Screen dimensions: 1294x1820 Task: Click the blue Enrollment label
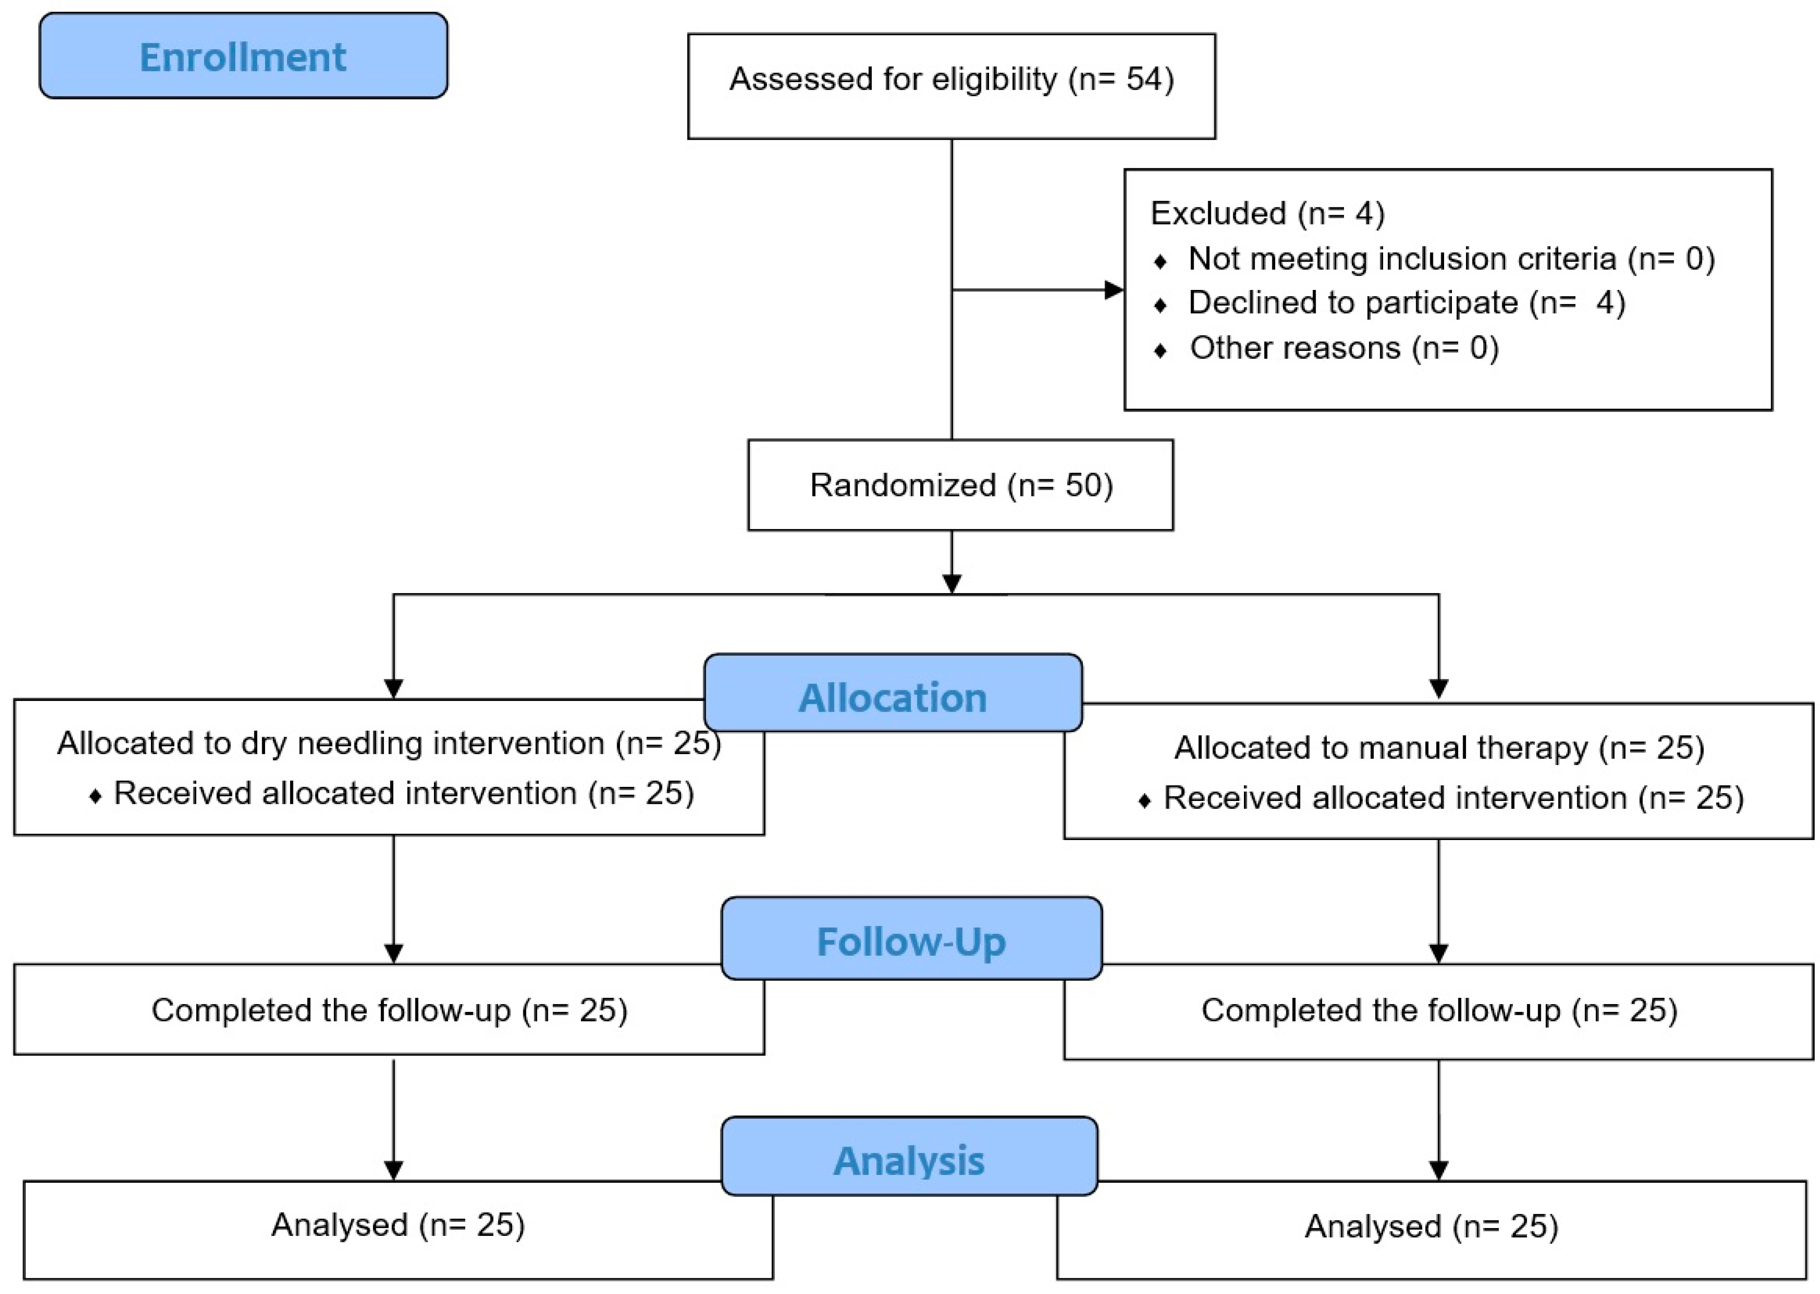click(x=243, y=57)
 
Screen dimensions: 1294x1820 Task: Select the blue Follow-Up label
click(x=911, y=941)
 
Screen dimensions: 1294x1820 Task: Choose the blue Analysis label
click(x=909, y=1160)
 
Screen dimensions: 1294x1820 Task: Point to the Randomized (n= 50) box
click(x=960, y=485)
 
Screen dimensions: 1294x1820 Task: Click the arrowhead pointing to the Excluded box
click(x=1114, y=290)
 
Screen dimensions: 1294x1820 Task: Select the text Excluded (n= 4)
click(x=1267, y=213)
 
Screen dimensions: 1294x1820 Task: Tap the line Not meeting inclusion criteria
click(x=1450, y=259)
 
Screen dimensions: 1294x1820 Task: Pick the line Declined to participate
click(x=1406, y=303)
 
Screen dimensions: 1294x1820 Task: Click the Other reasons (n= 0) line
click(x=1344, y=348)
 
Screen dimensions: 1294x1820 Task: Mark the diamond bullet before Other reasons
click(x=1160, y=350)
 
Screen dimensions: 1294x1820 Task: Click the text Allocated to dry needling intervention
click(x=331, y=743)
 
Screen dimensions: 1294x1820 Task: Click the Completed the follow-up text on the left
click(x=389, y=1010)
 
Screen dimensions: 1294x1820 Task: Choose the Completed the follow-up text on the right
click(x=1439, y=1010)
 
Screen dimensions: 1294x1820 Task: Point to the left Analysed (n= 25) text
click(x=397, y=1225)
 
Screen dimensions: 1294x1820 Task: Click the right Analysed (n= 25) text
click(x=1431, y=1226)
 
